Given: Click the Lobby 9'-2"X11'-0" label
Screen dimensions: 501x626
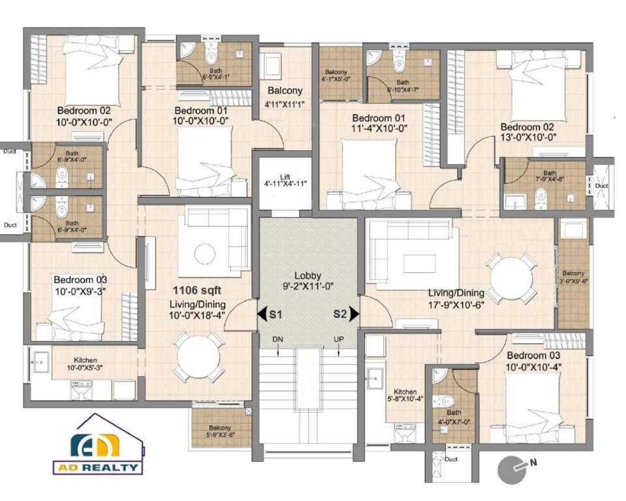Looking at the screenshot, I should [x=307, y=280].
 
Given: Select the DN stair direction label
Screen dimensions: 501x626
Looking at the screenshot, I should [x=278, y=341].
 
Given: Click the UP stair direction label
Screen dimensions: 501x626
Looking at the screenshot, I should [x=338, y=341].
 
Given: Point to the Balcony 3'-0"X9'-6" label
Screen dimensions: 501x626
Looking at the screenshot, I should [x=574, y=278].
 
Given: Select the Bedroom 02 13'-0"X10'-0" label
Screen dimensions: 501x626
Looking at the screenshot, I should [x=528, y=132].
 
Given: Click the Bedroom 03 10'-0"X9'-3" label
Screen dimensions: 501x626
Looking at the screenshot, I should [x=80, y=282].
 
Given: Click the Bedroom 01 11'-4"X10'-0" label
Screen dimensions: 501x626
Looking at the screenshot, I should [x=380, y=123].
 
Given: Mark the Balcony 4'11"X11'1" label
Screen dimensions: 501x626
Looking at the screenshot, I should [x=284, y=97].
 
